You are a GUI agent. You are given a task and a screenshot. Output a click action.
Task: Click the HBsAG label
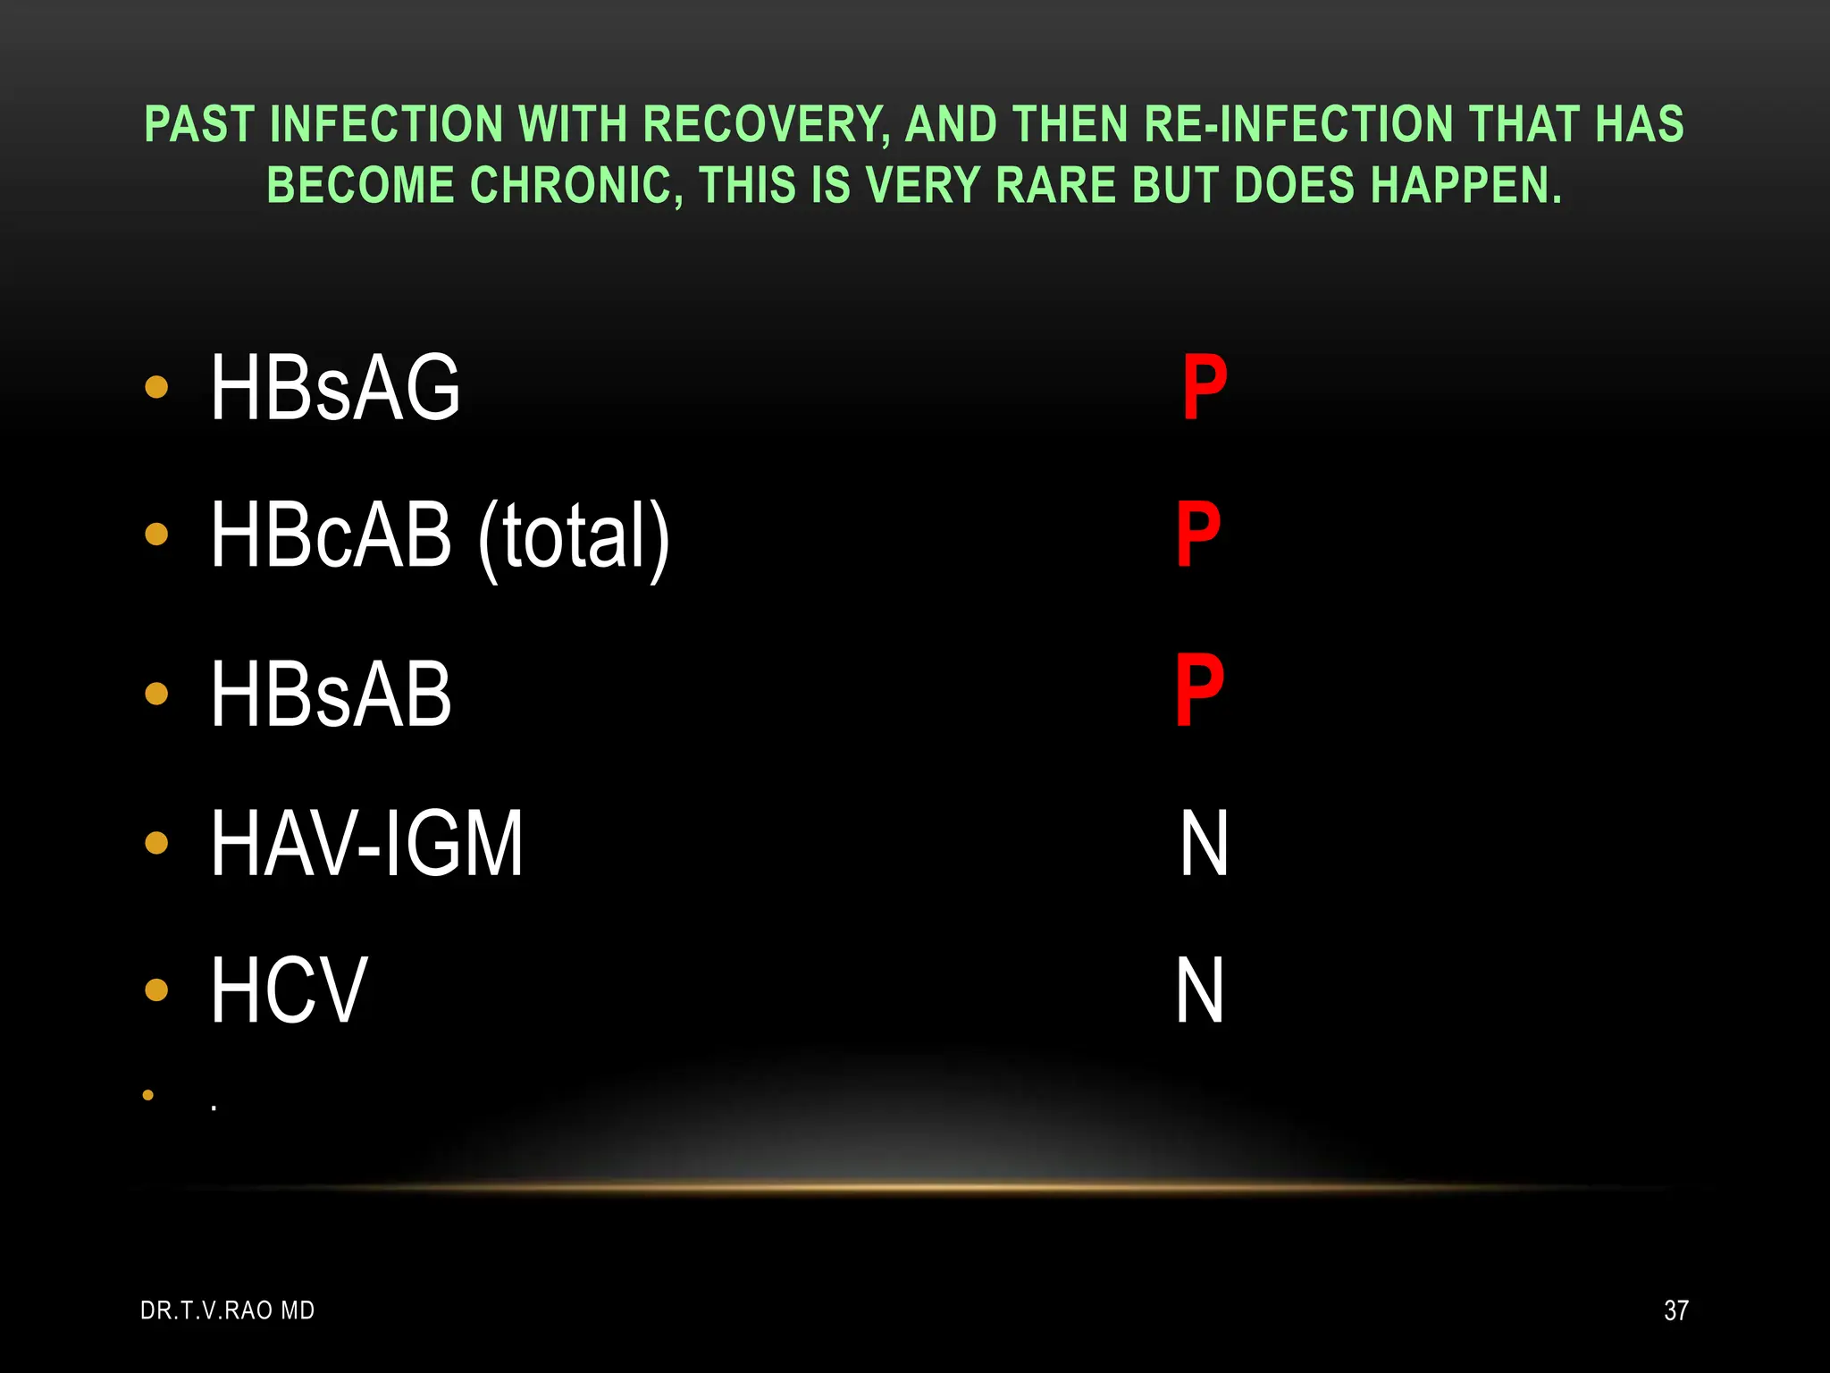click(x=335, y=387)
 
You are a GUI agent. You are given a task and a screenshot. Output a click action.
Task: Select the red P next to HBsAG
click(x=1205, y=387)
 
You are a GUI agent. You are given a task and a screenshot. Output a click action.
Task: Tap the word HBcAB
click(x=331, y=535)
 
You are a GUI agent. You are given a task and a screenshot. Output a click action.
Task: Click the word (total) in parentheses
click(x=574, y=536)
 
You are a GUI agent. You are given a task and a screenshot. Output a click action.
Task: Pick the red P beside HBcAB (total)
click(x=1198, y=535)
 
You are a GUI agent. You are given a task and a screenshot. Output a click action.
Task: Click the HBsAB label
click(x=331, y=694)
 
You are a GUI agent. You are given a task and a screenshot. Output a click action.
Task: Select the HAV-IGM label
click(x=366, y=843)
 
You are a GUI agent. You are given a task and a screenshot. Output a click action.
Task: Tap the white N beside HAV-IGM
click(x=1204, y=843)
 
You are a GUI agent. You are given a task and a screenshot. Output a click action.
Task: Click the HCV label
click(x=289, y=990)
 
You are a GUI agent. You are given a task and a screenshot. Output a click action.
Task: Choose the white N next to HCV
click(x=1199, y=990)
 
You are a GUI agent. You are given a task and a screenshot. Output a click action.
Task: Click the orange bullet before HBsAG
click(x=156, y=387)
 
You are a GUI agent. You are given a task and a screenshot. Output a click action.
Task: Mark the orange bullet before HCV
click(x=156, y=990)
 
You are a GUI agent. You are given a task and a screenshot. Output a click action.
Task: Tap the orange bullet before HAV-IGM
click(x=156, y=843)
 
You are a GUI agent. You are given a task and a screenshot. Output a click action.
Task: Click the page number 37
click(x=1676, y=1310)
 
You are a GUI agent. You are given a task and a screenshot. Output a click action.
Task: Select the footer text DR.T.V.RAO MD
click(x=228, y=1310)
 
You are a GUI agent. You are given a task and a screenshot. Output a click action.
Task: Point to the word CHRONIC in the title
click(x=576, y=186)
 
